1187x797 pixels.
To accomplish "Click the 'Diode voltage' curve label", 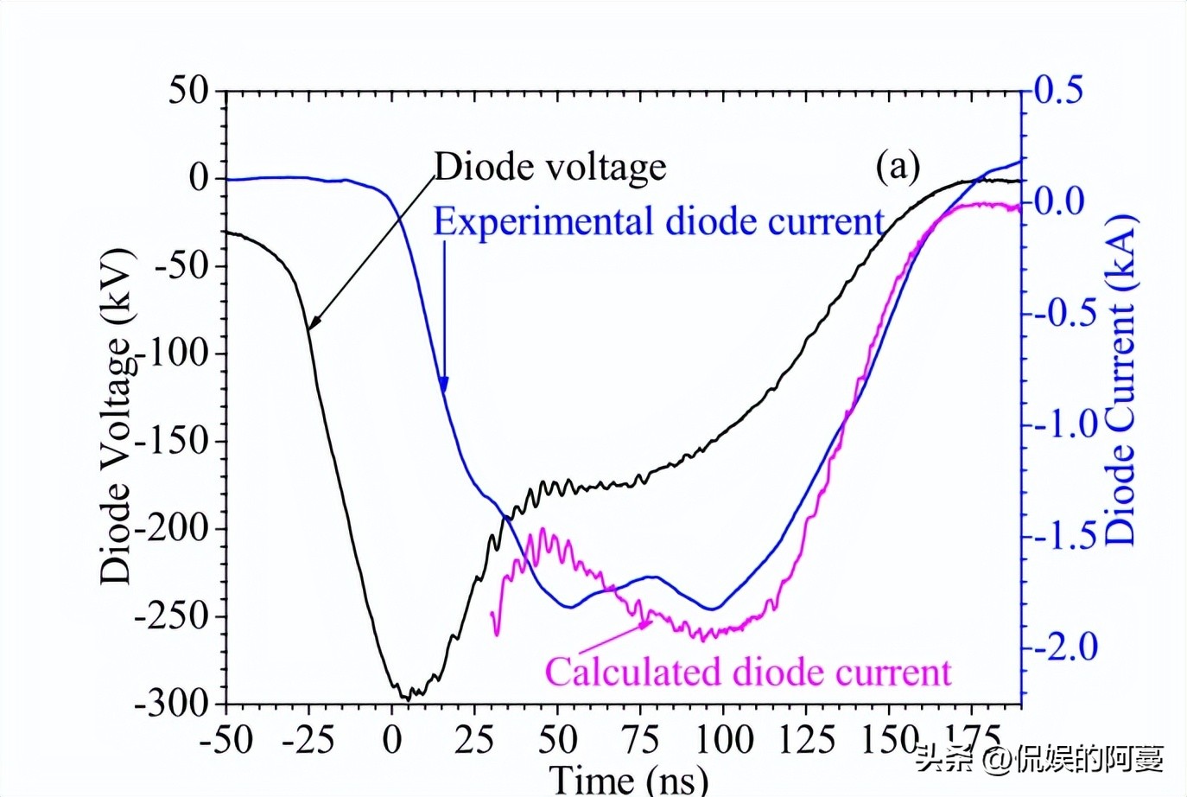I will (x=550, y=167).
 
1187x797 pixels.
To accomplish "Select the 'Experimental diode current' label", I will (x=658, y=222).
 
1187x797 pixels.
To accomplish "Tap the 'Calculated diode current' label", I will (x=748, y=672).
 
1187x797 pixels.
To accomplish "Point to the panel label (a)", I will (x=898, y=164).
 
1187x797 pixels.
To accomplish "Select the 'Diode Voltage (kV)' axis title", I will (x=117, y=415).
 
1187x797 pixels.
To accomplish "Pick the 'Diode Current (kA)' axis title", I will (x=1120, y=379).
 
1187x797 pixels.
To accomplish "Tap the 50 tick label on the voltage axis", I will (x=189, y=90).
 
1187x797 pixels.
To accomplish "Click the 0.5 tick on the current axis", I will (x=1058, y=90).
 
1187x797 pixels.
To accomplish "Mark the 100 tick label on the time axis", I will (x=723, y=740).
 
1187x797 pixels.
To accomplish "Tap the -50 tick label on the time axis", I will (x=226, y=740).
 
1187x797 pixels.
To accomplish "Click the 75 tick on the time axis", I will (x=641, y=740).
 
